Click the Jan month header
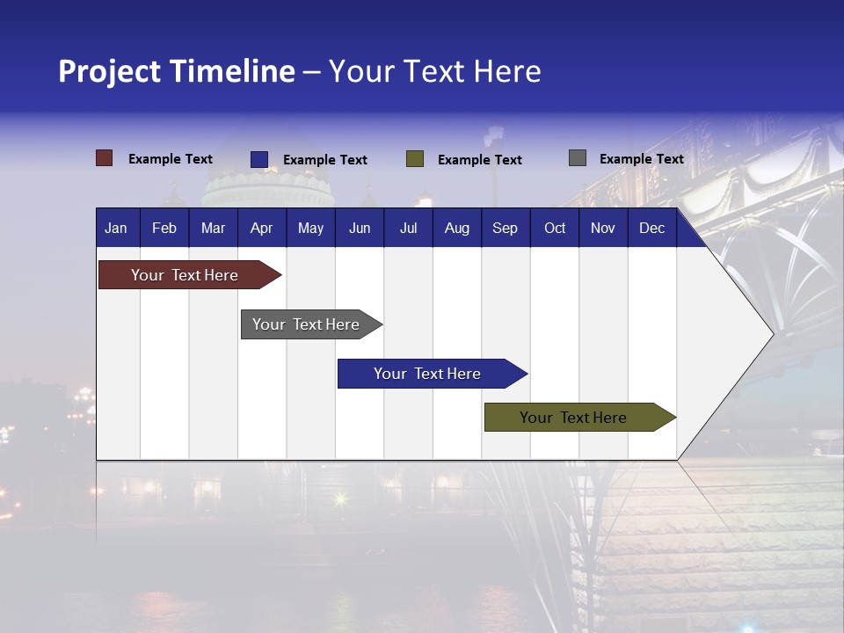[x=116, y=228]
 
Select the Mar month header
[x=213, y=228]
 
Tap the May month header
[x=310, y=228]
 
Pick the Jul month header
[x=408, y=228]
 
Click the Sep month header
[x=505, y=228]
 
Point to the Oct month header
[x=555, y=228]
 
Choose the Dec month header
[x=651, y=228]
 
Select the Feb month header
[x=164, y=228]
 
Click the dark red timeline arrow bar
[x=185, y=275]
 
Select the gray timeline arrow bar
[x=306, y=324]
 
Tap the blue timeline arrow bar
[x=427, y=374]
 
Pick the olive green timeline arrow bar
[x=573, y=418]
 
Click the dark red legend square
[x=105, y=158]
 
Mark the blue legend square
[x=259, y=159]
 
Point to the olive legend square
[x=415, y=159]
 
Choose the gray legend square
[x=578, y=158]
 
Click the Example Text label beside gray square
[x=641, y=159]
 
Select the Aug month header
[x=456, y=228]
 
